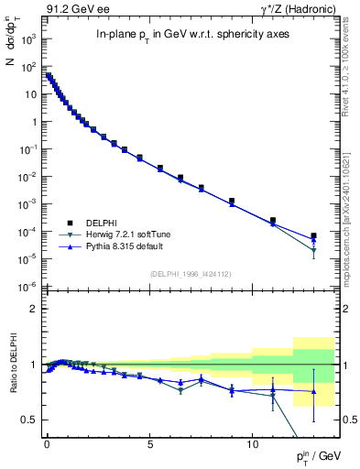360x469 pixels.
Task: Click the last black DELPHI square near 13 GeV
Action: tap(313, 235)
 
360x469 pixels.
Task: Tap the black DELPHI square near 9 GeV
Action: tap(232, 201)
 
